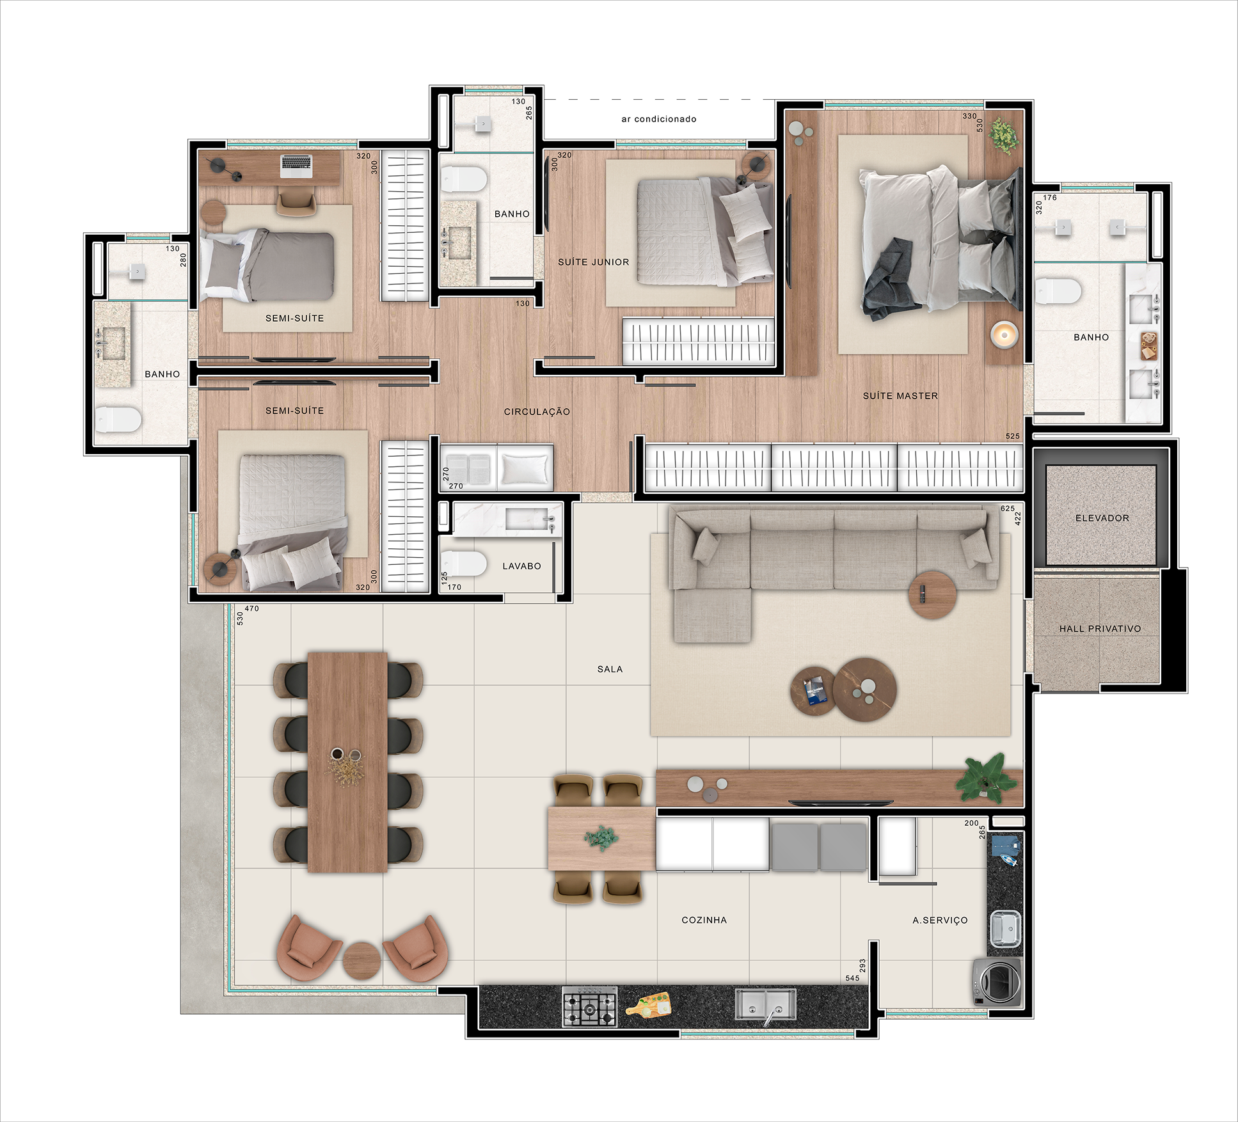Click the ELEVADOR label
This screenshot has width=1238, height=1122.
coord(1102,518)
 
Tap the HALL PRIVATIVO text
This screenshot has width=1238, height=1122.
coord(1100,629)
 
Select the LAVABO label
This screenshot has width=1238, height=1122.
coord(521,566)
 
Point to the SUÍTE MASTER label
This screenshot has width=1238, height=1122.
coord(900,396)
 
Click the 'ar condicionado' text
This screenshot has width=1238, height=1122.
coord(659,119)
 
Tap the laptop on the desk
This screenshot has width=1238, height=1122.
coord(296,166)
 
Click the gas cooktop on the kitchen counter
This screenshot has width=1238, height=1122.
coord(590,1006)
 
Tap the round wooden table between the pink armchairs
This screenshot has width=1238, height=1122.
coord(361,960)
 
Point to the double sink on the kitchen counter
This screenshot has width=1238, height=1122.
coord(766,1004)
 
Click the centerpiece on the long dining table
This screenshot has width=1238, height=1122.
coord(346,765)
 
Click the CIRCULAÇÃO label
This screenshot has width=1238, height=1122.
coord(537,412)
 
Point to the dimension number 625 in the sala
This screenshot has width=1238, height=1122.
coord(1008,509)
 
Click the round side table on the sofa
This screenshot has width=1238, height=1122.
coord(932,594)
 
